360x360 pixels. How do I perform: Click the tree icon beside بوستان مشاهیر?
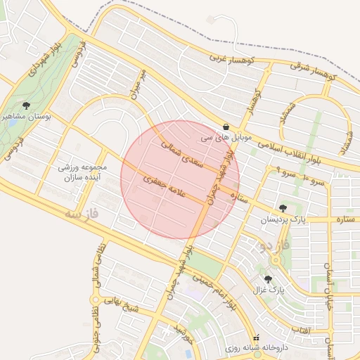[27, 105]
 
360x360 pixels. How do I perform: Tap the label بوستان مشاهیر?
[27, 117]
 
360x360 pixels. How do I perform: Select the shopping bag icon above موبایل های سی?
[225, 127]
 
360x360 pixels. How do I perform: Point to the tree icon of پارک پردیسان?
[283, 208]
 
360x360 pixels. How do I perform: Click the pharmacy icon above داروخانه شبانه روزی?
[256, 337]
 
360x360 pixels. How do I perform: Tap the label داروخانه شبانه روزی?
[253, 348]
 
